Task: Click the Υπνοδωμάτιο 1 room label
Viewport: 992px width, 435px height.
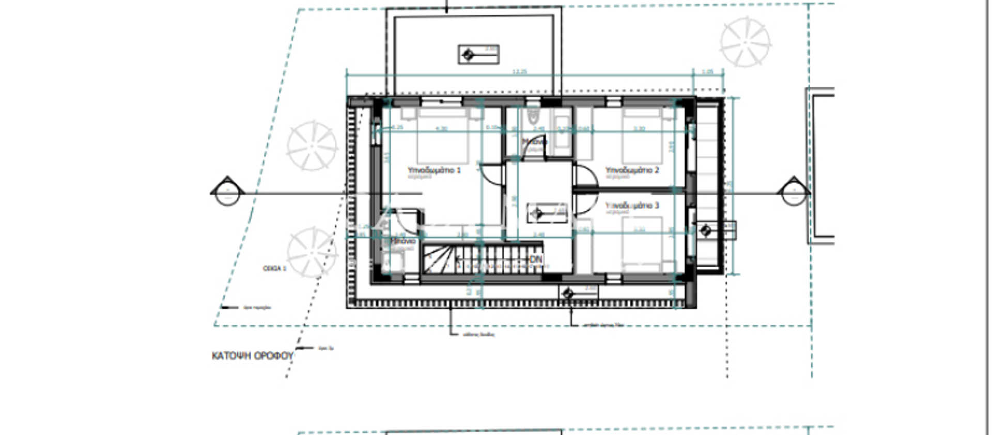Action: pyautogui.click(x=434, y=170)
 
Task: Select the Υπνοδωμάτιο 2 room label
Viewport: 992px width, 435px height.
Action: pyautogui.click(x=632, y=170)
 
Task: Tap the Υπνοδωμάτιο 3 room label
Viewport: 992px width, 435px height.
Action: pyautogui.click(x=632, y=206)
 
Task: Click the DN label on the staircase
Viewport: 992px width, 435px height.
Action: pyautogui.click(x=536, y=259)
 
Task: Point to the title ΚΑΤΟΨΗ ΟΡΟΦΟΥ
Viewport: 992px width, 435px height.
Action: pyautogui.click(x=253, y=356)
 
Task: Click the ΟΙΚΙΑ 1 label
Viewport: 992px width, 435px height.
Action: pyautogui.click(x=274, y=269)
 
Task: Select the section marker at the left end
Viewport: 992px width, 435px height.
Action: pyautogui.click(x=227, y=192)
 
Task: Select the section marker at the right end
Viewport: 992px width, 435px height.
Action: pyautogui.click(x=794, y=192)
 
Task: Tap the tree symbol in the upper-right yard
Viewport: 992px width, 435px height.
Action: pyautogui.click(x=745, y=42)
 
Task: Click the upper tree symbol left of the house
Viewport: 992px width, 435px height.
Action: pyautogui.click(x=312, y=146)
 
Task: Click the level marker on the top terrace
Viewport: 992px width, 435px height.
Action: pyautogui.click(x=478, y=54)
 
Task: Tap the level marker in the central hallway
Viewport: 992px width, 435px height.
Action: pyautogui.click(x=547, y=213)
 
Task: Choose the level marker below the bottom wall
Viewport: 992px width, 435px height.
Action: pyautogui.click(x=578, y=293)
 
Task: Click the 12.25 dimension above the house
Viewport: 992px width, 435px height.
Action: pyautogui.click(x=519, y=72)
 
